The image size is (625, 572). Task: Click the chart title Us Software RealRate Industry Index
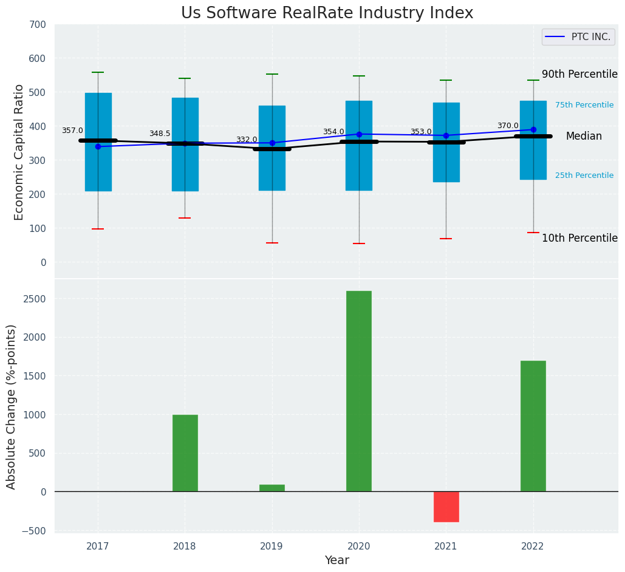(327, 13)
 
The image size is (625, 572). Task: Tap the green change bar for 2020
(358, 391)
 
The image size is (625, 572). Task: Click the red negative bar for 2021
(446, 506)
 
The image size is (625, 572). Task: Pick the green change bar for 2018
(185, 453)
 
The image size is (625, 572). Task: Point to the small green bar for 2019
(272, 488)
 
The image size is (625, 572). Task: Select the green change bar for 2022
(533, 426)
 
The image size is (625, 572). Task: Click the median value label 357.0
(72, 131)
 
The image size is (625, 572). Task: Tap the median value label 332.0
(247, 140)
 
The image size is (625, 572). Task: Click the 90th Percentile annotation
(579, 74)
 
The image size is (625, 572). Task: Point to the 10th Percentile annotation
(579, 238)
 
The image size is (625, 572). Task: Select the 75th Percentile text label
(584, 105)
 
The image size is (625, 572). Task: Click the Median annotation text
(584, 137)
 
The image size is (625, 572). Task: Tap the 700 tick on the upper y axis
(37, 25)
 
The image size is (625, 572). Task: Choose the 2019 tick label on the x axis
(272, 546)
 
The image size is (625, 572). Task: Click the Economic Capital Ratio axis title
(19, 152)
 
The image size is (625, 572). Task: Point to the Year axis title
(336, 560)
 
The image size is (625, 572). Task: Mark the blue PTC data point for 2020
(359, 134)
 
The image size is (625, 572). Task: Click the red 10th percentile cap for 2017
(98, 229)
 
